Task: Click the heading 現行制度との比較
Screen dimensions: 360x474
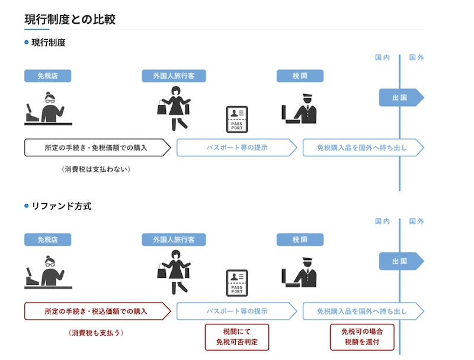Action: pos(70,19)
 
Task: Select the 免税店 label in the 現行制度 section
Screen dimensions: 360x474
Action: pos(47,76)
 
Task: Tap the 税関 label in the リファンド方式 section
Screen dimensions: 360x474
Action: pos(300,240)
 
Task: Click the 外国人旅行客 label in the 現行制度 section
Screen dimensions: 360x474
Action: pos(174,76)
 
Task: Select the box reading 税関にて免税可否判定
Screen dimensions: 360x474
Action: pos(236,337)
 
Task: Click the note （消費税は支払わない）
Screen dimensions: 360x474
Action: pos(95,169)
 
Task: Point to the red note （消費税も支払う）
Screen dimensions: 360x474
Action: pos(95,332)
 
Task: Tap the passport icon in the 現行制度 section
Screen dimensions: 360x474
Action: pos(237,119)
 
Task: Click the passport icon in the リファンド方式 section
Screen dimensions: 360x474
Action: pos(237,282)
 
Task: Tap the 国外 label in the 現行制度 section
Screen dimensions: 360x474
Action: pos(417,57)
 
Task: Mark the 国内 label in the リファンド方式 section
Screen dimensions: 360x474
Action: pos(382,221)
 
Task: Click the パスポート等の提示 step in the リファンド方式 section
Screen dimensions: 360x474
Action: pos(236,311)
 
